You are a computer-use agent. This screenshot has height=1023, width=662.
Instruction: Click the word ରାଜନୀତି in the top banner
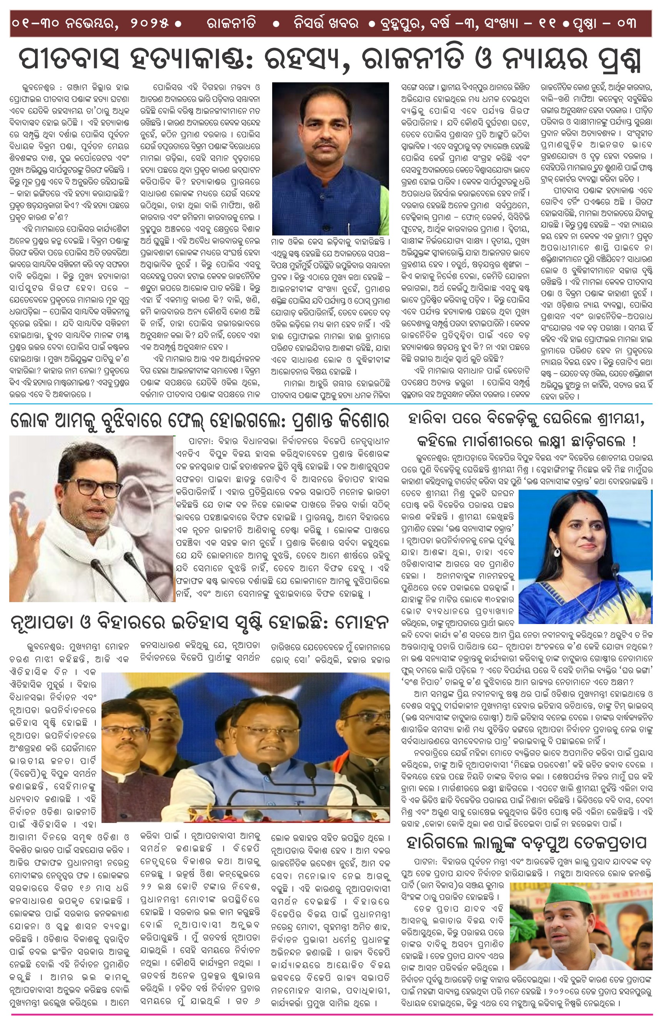[231, 23]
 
